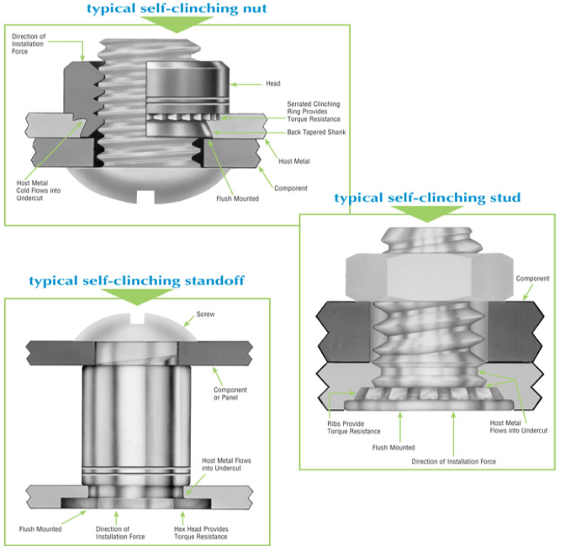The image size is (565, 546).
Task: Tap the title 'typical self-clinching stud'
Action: coord(427,198)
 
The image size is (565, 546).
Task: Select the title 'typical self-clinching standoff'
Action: coord(136,281)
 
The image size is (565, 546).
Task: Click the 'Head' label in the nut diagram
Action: coord(273,84)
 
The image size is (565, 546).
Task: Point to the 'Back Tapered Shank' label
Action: coord(315,133)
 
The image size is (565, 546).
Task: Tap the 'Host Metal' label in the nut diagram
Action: coord(293,161)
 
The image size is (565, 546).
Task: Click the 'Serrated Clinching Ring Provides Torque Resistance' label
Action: coord(313,111)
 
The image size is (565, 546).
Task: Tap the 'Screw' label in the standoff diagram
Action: coord(206,315)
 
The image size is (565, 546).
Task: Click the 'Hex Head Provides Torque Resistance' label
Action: coord(203,533)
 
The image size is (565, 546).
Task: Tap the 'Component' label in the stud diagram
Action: coord(532,278)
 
